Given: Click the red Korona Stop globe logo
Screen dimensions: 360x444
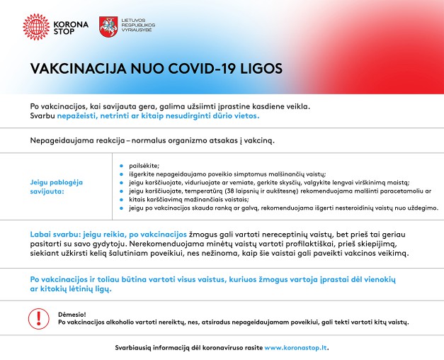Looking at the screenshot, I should pos(35,26).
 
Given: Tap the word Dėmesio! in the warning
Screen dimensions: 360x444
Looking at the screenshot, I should pos(72,313).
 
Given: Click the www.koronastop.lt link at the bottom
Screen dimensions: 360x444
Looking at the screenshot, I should pos(296,347).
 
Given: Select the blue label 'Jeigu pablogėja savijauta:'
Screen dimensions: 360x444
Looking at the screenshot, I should pos(57,186).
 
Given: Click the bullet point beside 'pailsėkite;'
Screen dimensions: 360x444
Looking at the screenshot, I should pos(122,164).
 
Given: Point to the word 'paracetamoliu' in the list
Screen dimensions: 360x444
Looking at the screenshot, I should pos(408,191).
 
